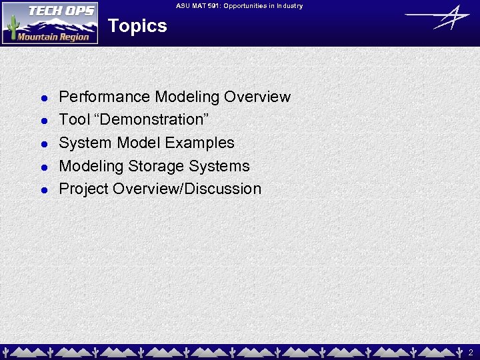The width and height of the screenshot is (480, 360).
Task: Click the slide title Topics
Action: [x=137, y=26]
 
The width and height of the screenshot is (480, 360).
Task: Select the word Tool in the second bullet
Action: [x=74, y=120]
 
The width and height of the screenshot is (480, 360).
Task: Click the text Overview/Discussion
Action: [x=187, y=189]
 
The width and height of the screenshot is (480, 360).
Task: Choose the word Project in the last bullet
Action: [x=84, y=189]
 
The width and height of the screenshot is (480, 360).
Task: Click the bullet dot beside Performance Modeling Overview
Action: [x=42, y=98]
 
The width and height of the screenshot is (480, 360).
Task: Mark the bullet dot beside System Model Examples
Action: [x=42, y=144]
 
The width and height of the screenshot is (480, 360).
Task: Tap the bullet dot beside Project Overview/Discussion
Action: [x=42, y=190]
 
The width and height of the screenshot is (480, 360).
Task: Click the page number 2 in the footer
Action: [x=471, y=351]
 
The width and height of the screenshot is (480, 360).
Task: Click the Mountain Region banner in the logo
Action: [x=53, y=37]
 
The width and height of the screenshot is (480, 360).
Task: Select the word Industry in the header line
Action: [x=287, y=6]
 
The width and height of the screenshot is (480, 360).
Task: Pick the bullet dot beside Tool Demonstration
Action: [x=42, y=121]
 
